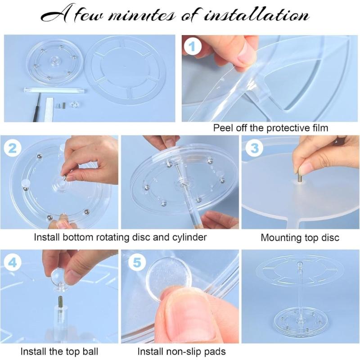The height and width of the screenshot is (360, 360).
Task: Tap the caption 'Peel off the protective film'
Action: point(270,128)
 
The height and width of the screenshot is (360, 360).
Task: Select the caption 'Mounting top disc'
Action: point(300,238)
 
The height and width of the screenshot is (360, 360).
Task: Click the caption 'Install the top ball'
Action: point(59,351)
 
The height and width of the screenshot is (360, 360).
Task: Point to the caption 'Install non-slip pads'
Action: point(181,351)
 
